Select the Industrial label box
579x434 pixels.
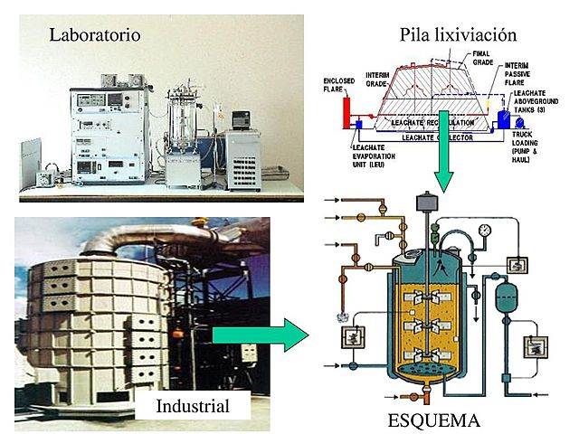point(192,405)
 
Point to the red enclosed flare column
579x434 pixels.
point(346,116)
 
